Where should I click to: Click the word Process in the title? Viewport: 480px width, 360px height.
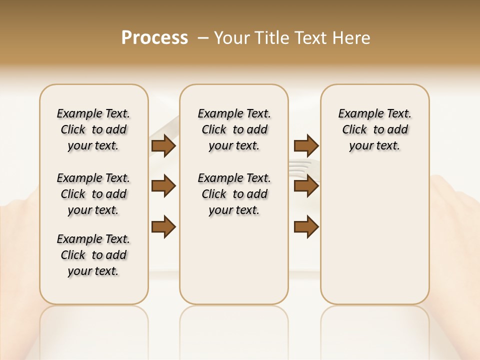pos(154,38)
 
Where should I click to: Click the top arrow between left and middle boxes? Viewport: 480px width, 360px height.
pos(163,146)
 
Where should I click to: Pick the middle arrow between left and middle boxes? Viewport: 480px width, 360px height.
pos(163,186)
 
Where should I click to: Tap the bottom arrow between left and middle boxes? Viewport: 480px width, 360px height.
pos(163,226)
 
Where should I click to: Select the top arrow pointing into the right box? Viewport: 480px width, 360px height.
pos(306,146)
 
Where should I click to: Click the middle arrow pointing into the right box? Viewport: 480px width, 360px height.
pos(306,186)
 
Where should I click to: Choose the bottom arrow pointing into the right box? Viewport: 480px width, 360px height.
pos(306,226)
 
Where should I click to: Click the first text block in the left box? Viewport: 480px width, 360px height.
pos(93,129)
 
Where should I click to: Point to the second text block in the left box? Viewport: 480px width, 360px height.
pos(93,194)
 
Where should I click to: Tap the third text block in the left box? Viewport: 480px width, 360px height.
pos(93,255)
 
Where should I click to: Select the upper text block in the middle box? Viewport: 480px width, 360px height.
pos(234,129)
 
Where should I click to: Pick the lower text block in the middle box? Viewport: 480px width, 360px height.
pos(234,194)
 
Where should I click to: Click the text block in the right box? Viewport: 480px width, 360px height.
pos(374,129)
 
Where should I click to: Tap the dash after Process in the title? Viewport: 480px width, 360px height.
pos(203,38)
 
